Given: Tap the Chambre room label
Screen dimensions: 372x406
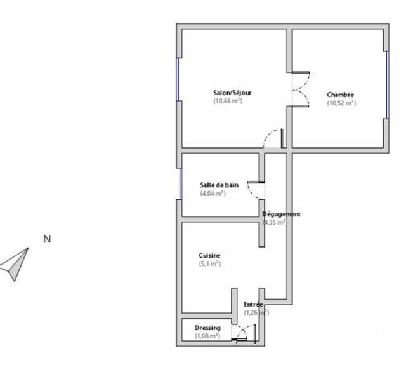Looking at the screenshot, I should (x=341, y=95).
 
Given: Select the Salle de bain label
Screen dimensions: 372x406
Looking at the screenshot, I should (x=219, y=185).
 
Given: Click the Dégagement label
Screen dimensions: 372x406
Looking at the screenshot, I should (x=282, y=214).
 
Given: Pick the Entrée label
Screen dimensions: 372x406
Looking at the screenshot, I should (x=253, y=304).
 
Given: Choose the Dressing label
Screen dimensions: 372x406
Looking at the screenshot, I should (x=207, y=328).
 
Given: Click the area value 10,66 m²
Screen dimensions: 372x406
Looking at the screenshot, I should (x=228, y=102).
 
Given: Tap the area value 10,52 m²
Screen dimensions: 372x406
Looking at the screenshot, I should (x=341, y=103).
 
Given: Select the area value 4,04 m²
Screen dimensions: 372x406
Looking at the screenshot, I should (x=213, y=193).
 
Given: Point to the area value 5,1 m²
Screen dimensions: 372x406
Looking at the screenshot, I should (x=209, y=263).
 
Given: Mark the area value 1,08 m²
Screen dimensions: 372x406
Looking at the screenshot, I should (x=207, y=336).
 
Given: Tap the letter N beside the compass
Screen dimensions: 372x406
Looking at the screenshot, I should (x=46, y=239).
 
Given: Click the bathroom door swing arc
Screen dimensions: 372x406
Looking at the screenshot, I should (x=256, y=191).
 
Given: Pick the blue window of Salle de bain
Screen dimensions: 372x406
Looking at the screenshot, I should (x=181, y=183).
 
